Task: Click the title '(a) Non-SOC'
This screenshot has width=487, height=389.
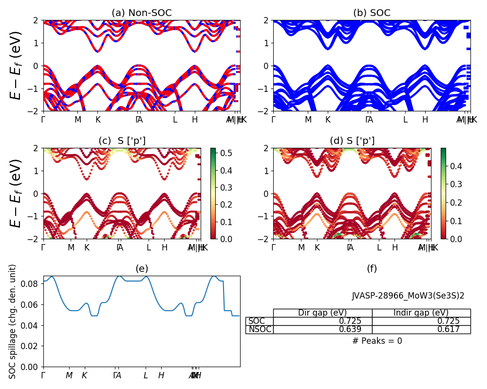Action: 141,13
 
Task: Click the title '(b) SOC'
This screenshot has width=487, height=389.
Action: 372,13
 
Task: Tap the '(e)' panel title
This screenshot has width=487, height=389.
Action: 141,268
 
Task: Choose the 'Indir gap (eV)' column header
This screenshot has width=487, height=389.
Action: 421,313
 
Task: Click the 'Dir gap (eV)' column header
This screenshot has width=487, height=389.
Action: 322,313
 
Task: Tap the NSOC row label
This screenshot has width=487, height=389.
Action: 260,330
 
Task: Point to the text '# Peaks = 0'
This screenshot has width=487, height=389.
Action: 377,341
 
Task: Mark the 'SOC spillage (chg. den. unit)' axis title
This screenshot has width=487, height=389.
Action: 13,321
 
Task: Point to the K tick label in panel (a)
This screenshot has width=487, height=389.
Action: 98,120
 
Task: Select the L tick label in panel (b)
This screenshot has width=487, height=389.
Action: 405,120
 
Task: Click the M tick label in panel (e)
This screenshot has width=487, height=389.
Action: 69,375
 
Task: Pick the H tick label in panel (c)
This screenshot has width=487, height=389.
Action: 165,248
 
